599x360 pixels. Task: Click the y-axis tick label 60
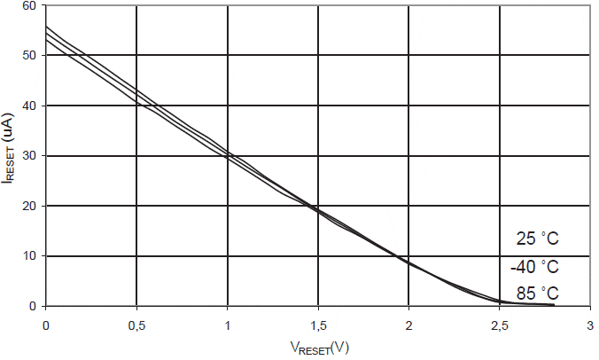point(30,6)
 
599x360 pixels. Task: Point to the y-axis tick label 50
point(30,56)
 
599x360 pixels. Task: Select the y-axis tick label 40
point(30,106)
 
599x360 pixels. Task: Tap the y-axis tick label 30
point(30,156)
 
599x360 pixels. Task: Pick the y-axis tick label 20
point(30,207)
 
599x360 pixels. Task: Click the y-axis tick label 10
point(30,256)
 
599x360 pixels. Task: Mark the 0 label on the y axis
point(34,307)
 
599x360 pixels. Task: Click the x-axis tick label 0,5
point(136,325)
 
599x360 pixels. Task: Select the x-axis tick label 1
point(228,325)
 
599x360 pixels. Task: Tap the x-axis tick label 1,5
point(318,325)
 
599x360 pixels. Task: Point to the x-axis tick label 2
point(409,325)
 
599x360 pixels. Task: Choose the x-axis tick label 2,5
point(500,325)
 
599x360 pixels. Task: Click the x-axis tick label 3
point(590,325)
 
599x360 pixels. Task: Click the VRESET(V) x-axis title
point(317,348)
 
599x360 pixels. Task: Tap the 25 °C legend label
point(538,239)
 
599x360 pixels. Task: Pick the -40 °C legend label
point(535,267)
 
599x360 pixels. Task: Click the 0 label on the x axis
point(46,325)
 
